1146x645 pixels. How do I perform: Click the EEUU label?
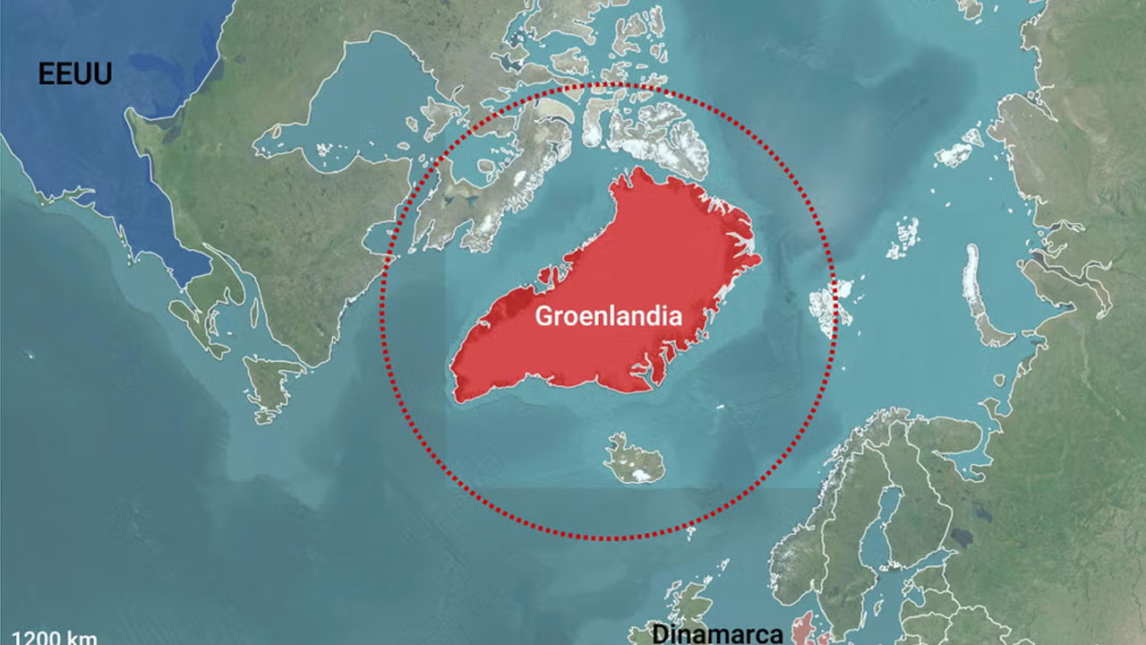[x=75, y=73]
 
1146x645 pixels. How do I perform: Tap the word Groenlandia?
[x=609, y=316]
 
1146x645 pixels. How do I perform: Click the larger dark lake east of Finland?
[x=962, y=537]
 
